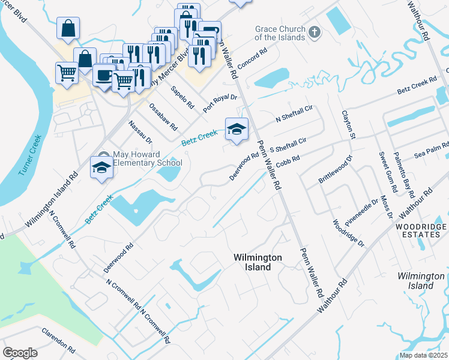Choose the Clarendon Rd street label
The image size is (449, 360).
tap(58, 340)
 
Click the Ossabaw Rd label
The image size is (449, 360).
tap(163, 119)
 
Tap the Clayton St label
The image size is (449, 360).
tap(349, 125)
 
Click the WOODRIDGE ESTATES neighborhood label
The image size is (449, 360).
tap(421, 231)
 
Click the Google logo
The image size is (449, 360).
tap(20, 352)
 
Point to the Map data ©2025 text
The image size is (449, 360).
tap(423, 355)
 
